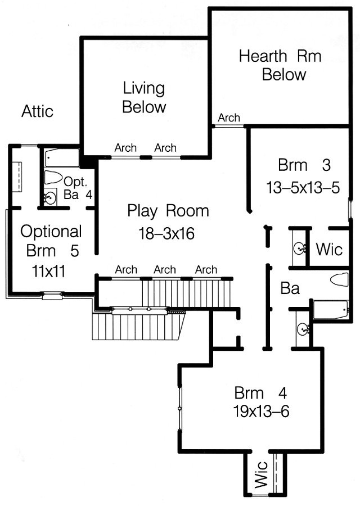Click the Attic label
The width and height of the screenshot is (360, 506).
pos(37,111)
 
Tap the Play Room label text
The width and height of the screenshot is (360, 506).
pos(168,211)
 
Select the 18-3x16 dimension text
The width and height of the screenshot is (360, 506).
pos(166,233)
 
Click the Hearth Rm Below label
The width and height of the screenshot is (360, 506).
pos(280,65)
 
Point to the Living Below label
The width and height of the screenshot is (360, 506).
pos(144,97)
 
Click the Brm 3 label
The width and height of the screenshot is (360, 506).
pos(304,165)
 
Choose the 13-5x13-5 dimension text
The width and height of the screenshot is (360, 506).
pos(303,187)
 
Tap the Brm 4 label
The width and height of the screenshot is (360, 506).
pos(260,393)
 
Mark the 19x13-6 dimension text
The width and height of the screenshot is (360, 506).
pos(261,412)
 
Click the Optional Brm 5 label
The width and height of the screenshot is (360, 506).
pos(51,241)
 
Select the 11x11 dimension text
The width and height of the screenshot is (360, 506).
pos(48,271)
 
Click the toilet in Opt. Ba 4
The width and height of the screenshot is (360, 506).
pos(53,177)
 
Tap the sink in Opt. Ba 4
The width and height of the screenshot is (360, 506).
pos(49,197)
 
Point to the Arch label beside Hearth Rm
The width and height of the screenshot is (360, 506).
pos(229,118)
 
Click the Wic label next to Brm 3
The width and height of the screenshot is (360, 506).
pos(329,250)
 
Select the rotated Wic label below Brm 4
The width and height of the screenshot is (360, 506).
pos(261,474)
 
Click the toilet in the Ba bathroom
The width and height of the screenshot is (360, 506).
pos(339,279)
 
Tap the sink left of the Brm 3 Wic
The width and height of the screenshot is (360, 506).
pos(300,248)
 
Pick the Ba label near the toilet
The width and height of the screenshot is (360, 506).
pos(290,288)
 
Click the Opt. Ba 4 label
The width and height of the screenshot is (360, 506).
pos(78,188)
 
